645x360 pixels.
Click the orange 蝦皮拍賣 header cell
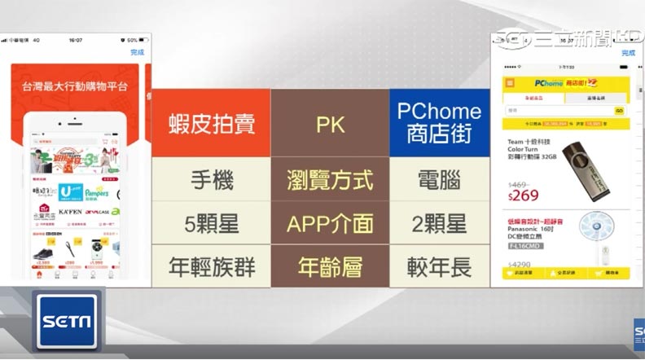[211, 123]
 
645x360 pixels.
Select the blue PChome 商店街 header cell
[439, 123]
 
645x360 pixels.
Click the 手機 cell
[211, 180]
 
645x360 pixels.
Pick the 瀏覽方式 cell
[330, 180]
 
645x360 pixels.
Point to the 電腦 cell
[439, 180]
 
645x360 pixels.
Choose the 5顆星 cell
[211, 224]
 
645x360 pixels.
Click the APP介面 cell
[330, 224]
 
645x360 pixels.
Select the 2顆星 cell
[439, 224]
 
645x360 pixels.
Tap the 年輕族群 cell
[211, 266]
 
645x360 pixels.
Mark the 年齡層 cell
[330, 266]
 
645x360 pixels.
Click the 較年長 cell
[439, 266]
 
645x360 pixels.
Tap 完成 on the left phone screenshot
[137, 52]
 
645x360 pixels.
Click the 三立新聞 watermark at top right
[570, 35]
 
